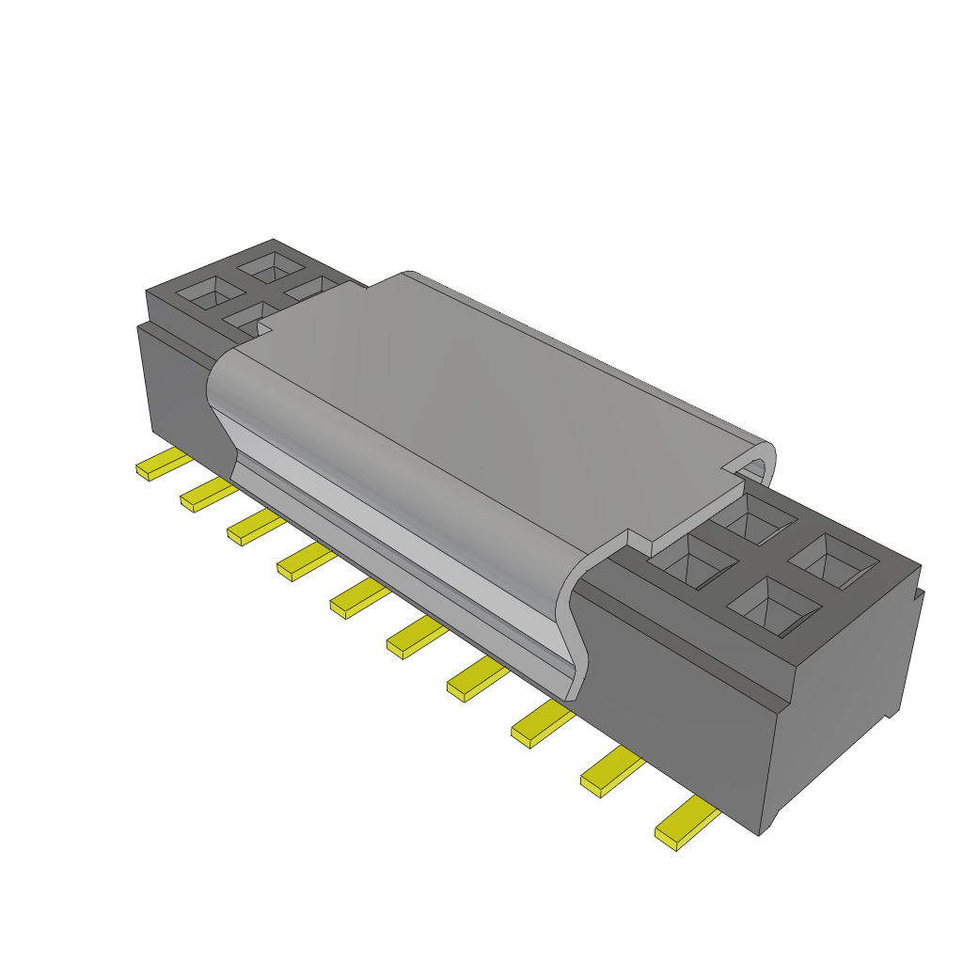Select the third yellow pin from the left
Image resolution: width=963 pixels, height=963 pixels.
pos(252,529)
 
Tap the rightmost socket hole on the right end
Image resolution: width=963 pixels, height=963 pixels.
pos(833,561)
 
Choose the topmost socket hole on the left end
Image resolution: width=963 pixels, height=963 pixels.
pos(270,267)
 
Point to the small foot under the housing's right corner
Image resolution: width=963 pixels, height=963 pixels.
pos(771,823)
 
